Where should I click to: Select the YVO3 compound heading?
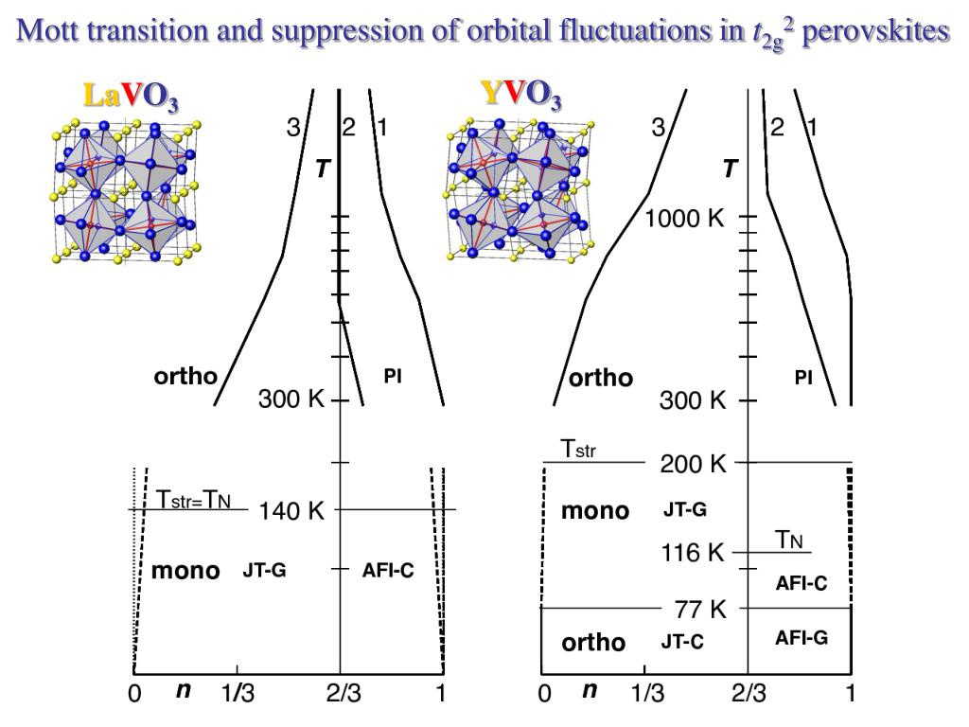click(x=521, y=95)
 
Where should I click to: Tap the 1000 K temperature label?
click(x=685, y=219)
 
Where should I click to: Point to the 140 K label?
click(x=291, y=511)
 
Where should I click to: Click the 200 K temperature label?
click(x=693, y=464)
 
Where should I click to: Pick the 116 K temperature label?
click(x=693, y=552)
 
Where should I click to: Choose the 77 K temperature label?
click(x=700, y=609)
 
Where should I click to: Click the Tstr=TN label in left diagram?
click(x=192, y=498)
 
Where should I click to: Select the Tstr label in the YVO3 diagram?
click(x=579, y=449)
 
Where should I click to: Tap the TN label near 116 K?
click(x=790, y=540)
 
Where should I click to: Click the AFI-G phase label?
click(x=801, y=638)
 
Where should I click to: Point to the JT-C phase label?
click(x=682, y=642)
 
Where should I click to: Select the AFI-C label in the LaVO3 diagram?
click(x=388, y=571)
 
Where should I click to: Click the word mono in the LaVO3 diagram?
click(x=185, y=571)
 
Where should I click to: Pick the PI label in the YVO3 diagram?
click(x=803, y=378)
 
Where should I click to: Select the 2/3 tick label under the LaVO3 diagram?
click(x=342, y=695)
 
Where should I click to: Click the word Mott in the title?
click(x=50, y=31)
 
